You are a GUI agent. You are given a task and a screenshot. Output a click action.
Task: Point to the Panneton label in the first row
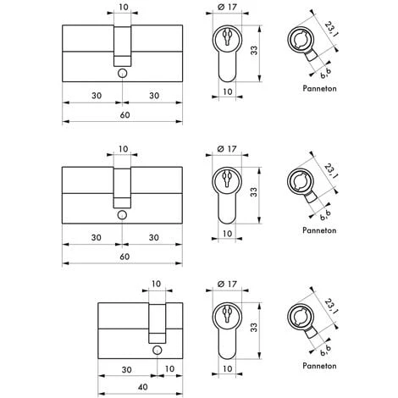pyautogui.click(x=318, y=87)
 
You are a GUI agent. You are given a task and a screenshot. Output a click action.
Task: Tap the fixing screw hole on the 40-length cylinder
pyautogui.click(x=156, y=351)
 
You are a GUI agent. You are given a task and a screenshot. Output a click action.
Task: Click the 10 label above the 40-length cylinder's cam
pyautogui.click(x=156, y=285)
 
